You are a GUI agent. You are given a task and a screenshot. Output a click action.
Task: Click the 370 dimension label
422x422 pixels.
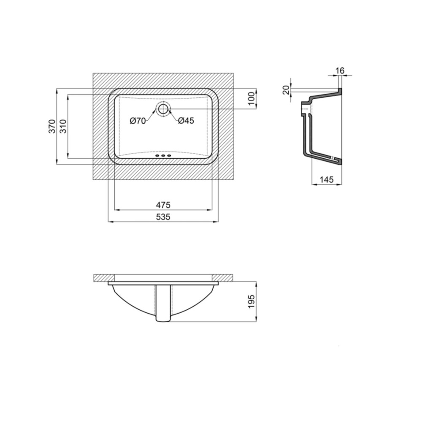(52, 126)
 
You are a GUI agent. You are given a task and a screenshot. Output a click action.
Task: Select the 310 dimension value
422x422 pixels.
(63, 126)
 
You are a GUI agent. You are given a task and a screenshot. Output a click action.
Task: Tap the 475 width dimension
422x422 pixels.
(163, 205)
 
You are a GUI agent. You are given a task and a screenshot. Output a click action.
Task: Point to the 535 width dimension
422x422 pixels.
(163, 216)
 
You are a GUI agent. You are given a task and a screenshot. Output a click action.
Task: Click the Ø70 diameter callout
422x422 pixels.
(138, 121)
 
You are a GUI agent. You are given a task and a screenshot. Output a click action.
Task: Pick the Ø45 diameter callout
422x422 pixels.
(186, 121)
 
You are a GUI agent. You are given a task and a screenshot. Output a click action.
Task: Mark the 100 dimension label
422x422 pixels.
(251, 98)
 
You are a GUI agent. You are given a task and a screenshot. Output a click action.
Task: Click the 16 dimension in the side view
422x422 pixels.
(340, 70)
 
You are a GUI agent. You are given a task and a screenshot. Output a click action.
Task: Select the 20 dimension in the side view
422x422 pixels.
(286, 90)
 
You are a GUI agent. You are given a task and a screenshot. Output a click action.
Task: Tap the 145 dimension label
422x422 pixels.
(327, 179)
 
